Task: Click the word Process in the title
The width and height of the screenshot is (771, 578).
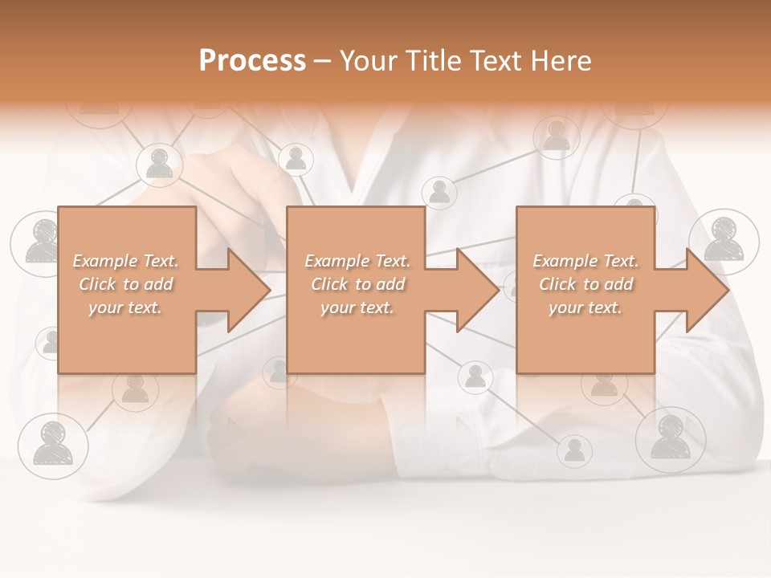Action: click(x=252, y=61)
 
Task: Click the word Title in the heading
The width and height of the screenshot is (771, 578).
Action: click(x=432, y=61)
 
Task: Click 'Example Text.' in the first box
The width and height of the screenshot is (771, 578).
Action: click(x=126, y=261)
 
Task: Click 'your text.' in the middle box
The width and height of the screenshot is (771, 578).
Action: click(x=357, y=307)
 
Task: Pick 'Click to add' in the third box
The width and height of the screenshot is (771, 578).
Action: click(x=585, y=284)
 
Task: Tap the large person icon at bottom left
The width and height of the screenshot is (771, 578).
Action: click(x=53, y=444)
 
